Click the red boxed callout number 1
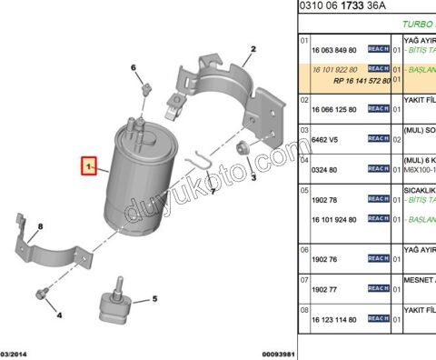[89, 167]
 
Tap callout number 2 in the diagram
[253, 48]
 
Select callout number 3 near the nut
[253, 178]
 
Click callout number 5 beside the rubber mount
[154, 298]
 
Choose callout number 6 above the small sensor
[134, 68]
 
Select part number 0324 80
[325, 169]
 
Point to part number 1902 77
[325, 289]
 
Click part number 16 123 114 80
[334, 319]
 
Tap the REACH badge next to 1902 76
[378, 259]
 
